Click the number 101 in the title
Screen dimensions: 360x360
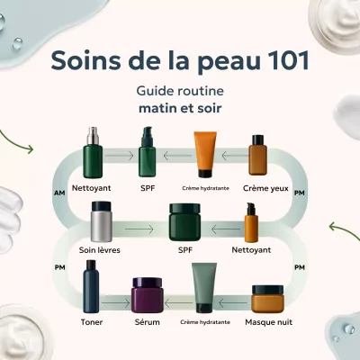coord(282,60)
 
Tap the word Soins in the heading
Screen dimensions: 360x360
coord(88,60)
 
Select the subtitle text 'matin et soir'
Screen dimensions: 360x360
coord(180,110)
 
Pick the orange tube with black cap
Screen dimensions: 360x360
coord(205,154)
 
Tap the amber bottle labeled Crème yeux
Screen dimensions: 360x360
coord(260,156)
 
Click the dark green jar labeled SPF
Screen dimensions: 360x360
coord(185,222)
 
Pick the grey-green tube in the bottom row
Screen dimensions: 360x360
coord(204,288)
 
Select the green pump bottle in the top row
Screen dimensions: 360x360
coord(148,154)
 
